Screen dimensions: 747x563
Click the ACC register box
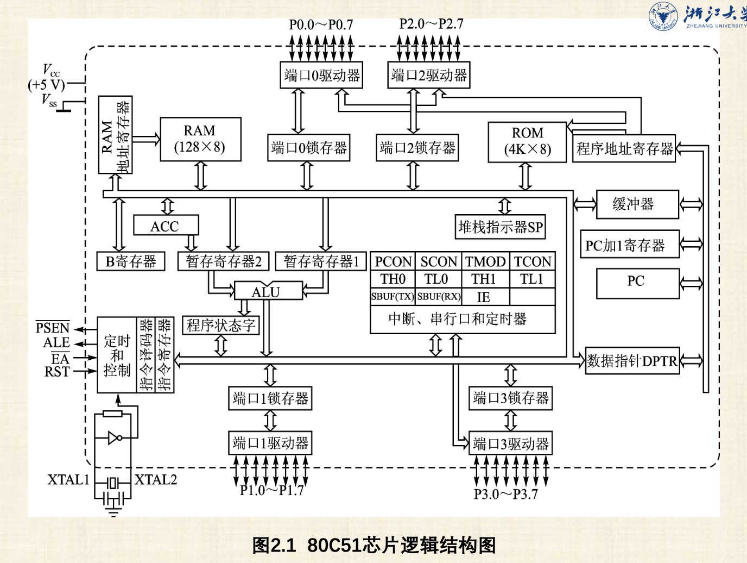pyautogui.click(x=166, y=225)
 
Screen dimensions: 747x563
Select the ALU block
pyautogui.click(x=268, y=291)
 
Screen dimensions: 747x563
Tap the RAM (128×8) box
pyautogui.click(x=200, y=139)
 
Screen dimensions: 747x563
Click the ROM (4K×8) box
pyautogui.click(x=527, y=142)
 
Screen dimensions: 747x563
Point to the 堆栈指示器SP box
pyautogui.click(x=501, y=227)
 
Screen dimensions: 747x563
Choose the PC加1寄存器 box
pyautogui.click(x=630, y=244)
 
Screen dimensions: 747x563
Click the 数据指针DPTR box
pyautogui.click(x=632, y=361)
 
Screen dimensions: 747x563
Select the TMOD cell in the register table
pyautogui.click(x=485, y=261)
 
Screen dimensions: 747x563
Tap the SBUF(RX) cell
pyautogui.click(x=439, y=297)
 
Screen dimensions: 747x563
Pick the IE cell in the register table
pyautogui.click(x=485, y=297)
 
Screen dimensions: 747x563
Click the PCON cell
pyautogui.click(x=393, y=261)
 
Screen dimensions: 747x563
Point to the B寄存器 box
pyautogui.click(x=131, y=261)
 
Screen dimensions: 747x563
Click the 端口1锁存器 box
pyautogui.click(x=270, y=398)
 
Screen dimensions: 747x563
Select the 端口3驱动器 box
pyautogui.click(x=510, y=443)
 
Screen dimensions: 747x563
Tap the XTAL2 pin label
pyautogui.click(x=156, y=479)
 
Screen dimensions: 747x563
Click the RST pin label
pyautogui.click(x=57, y=371)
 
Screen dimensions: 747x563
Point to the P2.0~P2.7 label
pyautogui.click(x=431, y=24)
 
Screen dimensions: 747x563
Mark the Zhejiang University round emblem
pyautogui.click(x=663, y=16)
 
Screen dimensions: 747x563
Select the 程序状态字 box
pyautogui.click(x=221, y=325)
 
